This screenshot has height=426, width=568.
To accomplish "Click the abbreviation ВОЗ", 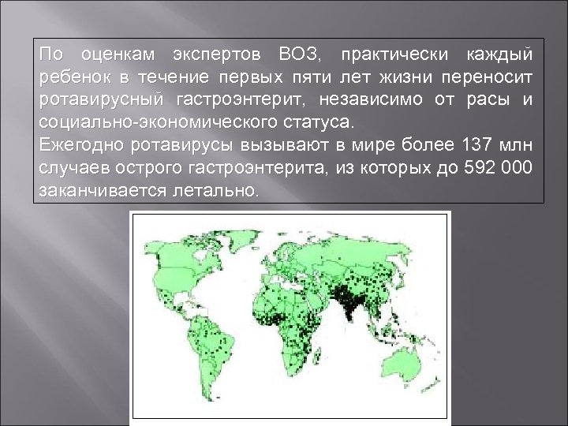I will click(297, 56).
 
